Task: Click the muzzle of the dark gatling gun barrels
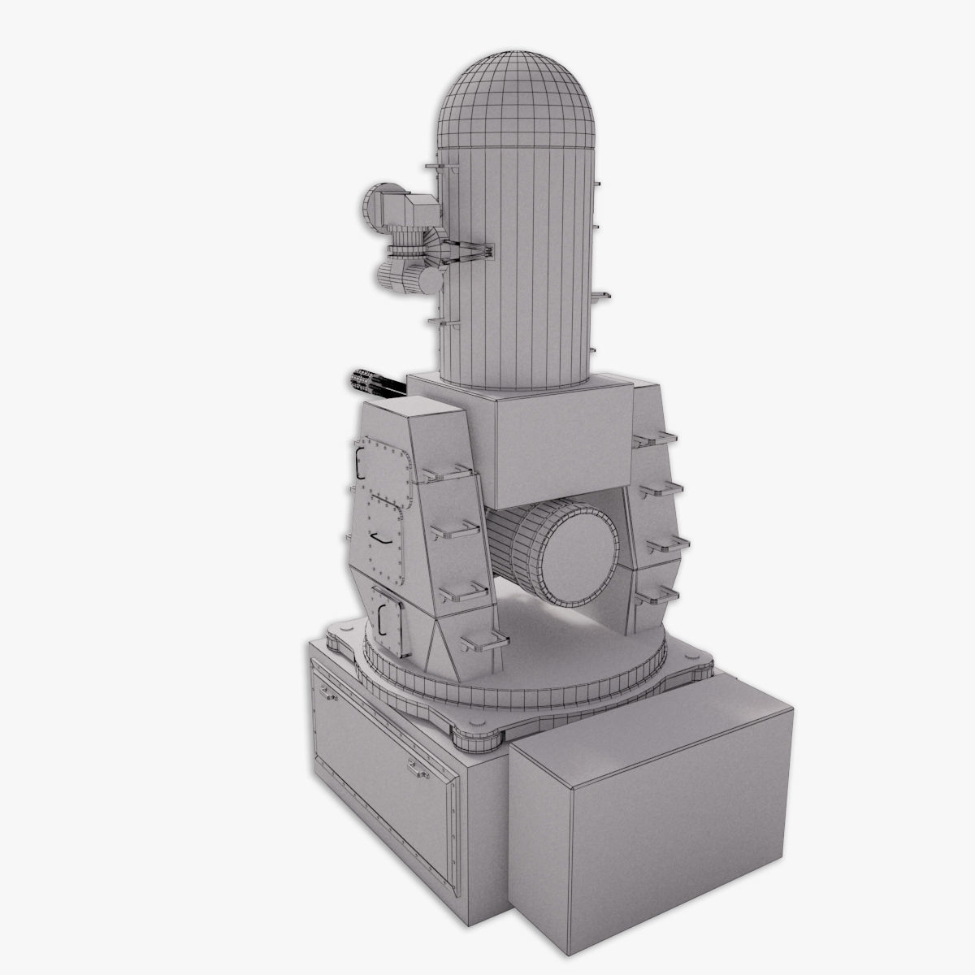[355, 378]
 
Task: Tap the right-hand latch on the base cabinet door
[418, 767]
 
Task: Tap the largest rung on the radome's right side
[601, 297]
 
